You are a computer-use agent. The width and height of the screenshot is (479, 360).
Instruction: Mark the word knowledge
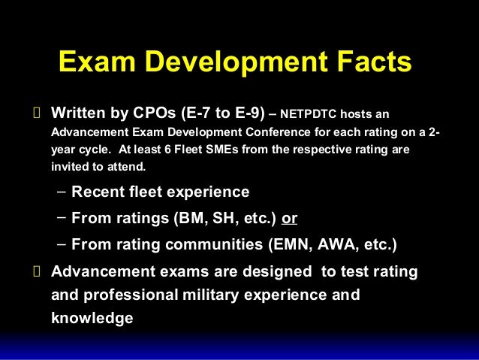click(92, 317)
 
